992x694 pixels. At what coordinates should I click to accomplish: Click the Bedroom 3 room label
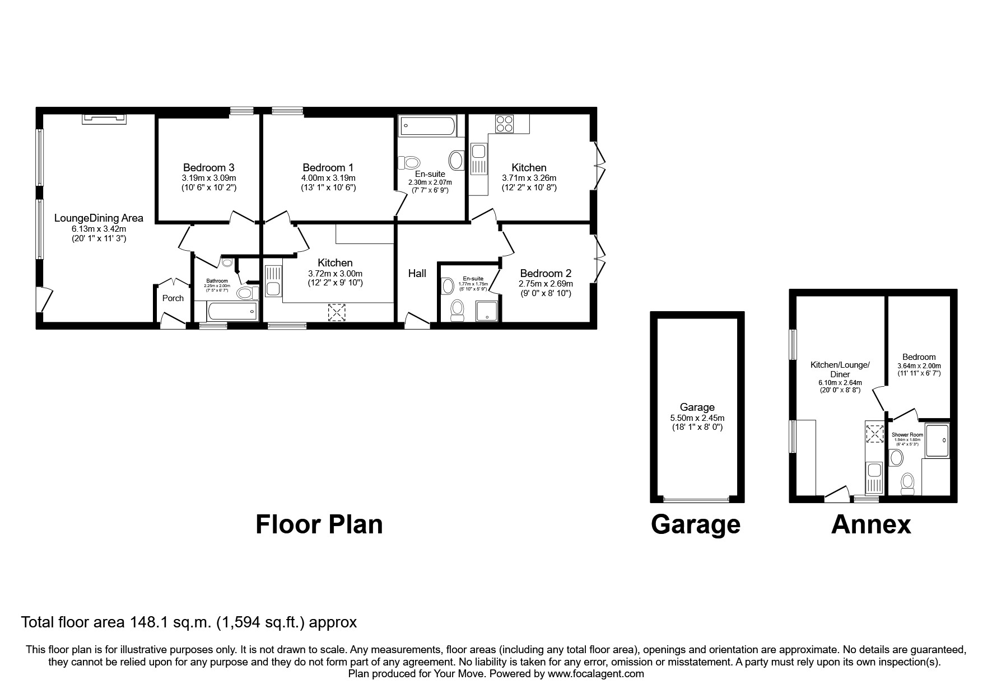(x=208, y=167)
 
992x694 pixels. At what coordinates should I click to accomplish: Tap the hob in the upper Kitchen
(x=504, y=124)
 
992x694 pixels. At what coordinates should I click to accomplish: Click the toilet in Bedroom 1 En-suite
(x=409, y=163)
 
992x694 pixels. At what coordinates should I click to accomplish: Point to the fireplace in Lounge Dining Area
(x=104, y=118)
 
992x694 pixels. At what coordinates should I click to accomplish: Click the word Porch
(x=173, y=298)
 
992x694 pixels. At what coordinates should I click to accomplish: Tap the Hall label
(x=417, y=273)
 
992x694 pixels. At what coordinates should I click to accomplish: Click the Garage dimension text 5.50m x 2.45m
(x=697, y=418)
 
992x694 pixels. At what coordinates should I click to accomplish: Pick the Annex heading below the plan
(x=871, y=525)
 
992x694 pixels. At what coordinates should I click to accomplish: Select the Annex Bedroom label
(x=919, y=357)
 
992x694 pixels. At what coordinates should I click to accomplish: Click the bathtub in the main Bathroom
(x=226, y=311)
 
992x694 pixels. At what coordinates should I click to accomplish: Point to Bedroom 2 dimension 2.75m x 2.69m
(x=546, y=284)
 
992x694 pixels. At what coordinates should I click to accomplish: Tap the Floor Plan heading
(x=319, y=525)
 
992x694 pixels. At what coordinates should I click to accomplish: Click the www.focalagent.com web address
(x=595, y=674)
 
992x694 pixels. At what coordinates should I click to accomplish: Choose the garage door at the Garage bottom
(x=696, y=499)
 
